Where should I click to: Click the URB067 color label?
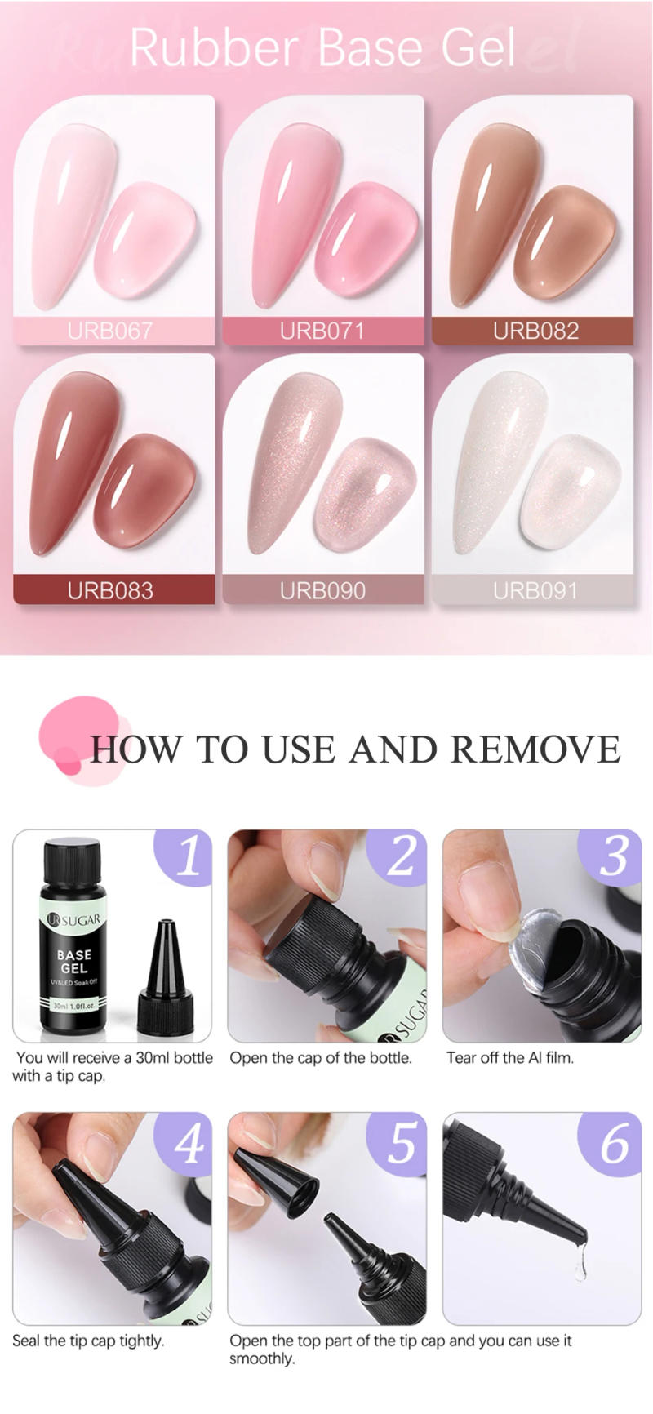pyautogui.click(x=109, y=331)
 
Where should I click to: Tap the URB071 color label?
pyautogui.click(x=322, y=331)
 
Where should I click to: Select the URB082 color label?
pyautogui.click(x=535, y=331)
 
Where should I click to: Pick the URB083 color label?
pyautogui.click(x=109, y=590)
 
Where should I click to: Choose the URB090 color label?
pyautogui.click(x=322, y=590)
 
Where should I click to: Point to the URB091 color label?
pyautogui.click(x=535, y=590)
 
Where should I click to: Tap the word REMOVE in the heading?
pyautogui.click(x=535, y=749)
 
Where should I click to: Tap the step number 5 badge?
pyautogui.click(x=401, y=1143)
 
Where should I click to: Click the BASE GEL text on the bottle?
pyautogui.click(x=73, y=961)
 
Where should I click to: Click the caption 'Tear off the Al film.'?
pyautogui.click(x=510, y=1058)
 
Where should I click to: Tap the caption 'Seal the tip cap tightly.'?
pyautogui.click(x=88, y=1341)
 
